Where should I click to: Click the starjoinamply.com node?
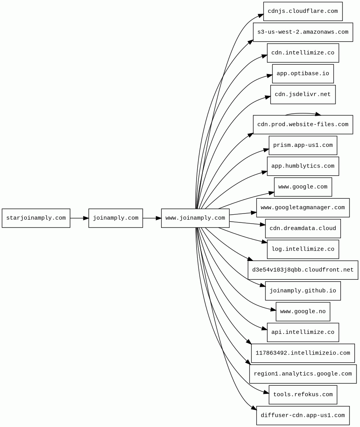pyautogui.click(x=36, y=218)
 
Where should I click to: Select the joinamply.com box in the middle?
pyautogui.click(x=116, y=218)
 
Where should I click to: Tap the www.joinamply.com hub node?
pyautogui.click(x=195, y=218)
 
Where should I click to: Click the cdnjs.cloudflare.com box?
pyautogui.click(x=303, y=11)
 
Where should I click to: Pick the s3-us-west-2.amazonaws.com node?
pyautogui.click(x=303, y=32)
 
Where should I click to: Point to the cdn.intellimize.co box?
pyautogui.click(x=303, y=53)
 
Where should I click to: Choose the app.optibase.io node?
pyautogui.click(x=303, y=74)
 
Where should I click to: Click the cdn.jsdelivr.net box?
pyautogui.click(x=303, y=94)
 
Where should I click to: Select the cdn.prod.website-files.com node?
pyautogui.click(x=303, y=125)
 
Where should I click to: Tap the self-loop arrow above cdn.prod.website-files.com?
pyautogui.click(x=303, y=113)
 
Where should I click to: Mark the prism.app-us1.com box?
pyautogui.click(x=303, y=145)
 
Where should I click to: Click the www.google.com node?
pyautogui.click(x=303, y=187)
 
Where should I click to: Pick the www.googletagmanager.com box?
pyautogui.click(x=303, y=208)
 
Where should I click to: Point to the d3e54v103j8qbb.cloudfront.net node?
pyautogui.click(x=303, y=270)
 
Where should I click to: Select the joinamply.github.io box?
pyautogui.click(x=303, y=291)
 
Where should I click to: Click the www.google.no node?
pyautogui.click(x=303, y=312)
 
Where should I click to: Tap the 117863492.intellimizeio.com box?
pyautogui.click(x=303, y=353)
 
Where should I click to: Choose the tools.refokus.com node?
pyautogui.click(x=303, y=395)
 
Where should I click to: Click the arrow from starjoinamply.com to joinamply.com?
pyautogui.click(x=79, y=218)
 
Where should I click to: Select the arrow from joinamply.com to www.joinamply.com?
pyautogui.click(x=152, y=218)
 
